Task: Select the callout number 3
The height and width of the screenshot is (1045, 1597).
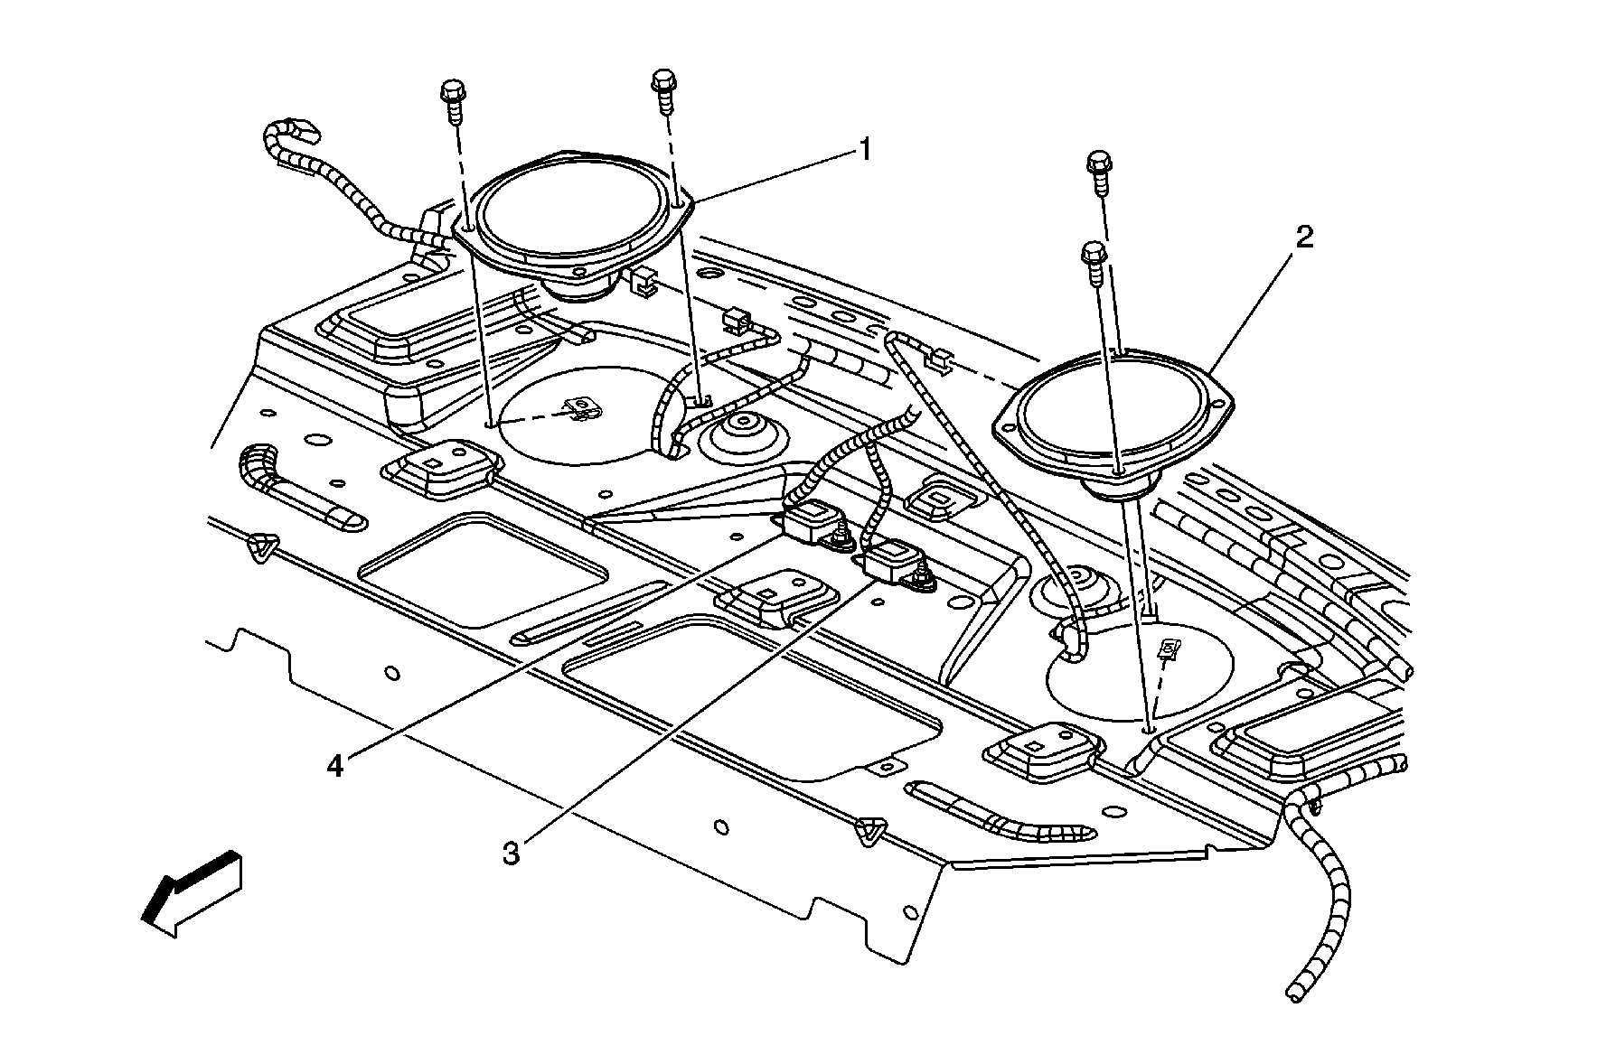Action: click(512, 852)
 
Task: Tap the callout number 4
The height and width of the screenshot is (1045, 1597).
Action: click(335, 767)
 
